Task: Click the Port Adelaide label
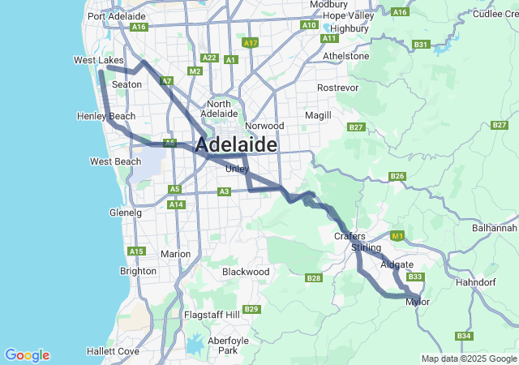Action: (x=117, y=16)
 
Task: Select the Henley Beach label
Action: (x=106, y=117)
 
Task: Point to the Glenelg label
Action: (x=125, y=213)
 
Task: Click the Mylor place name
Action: (x=418, y=302)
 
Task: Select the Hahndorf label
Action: (x=476, y=282)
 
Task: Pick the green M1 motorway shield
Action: (x=397, y=236)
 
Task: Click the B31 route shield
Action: (x=421, y=45)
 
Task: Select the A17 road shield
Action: (x=250, y=42)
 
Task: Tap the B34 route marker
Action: (x=463, y=336)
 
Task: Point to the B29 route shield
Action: (x=251, y=309)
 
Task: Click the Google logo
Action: (x=27, y=355)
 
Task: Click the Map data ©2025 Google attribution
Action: (x=469, y=359)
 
